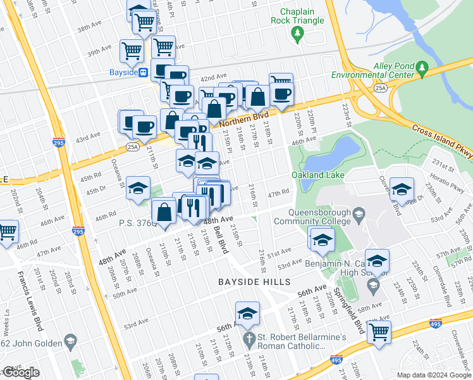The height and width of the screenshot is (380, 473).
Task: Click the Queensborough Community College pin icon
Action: click(359, 215)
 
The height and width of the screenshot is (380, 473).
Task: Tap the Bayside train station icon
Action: click(144, 72)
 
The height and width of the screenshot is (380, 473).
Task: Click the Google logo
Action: click(21, 372)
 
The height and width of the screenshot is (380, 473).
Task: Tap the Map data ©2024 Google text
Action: click(434, 375)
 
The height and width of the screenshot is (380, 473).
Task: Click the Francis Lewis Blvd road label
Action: click(28, 291)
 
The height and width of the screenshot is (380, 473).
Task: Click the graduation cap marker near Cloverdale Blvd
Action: click(402, 188)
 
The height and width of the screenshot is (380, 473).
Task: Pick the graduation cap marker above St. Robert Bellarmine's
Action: click(247, 312)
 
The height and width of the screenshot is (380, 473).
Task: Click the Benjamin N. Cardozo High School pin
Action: click(374, 286)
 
